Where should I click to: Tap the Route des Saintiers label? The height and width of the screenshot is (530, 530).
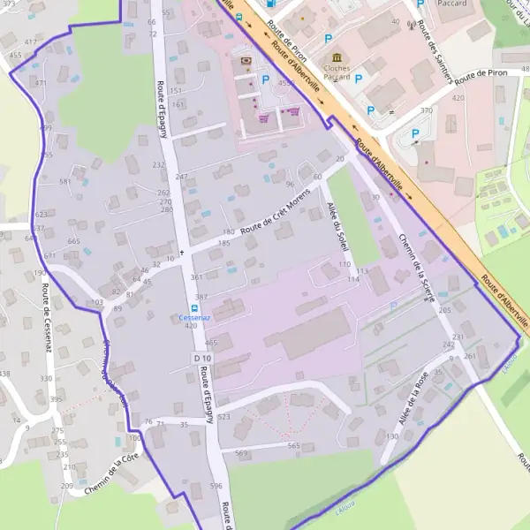point(436,51)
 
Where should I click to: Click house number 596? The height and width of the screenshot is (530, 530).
point(216,486)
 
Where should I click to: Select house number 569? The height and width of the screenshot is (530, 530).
point(241,453)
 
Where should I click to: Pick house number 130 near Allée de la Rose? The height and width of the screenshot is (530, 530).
point(392,437)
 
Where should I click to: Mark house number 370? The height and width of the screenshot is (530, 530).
point(427,110)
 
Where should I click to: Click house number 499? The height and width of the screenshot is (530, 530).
point(45,128)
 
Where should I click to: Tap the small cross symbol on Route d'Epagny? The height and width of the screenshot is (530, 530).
point(183,253)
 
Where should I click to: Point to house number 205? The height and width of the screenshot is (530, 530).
point(444,311)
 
